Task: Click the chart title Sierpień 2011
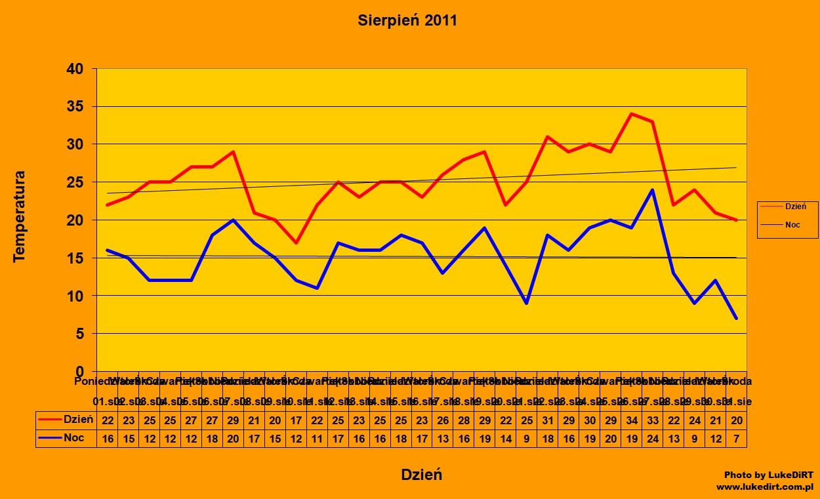[x=407, y=20]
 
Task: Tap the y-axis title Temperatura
[x=19, y=216]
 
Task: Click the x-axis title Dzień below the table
[x=422, y=475]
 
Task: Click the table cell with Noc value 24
[x=652, y=438]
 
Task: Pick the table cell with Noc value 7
[x=736, y=438]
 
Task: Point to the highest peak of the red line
[x=631, y=113]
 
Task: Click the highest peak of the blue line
[x=652, y=190]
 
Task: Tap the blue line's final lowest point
[x=736, y=319]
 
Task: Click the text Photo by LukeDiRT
[x=768, y=475]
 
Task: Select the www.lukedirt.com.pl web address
[x=764, y=487]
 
